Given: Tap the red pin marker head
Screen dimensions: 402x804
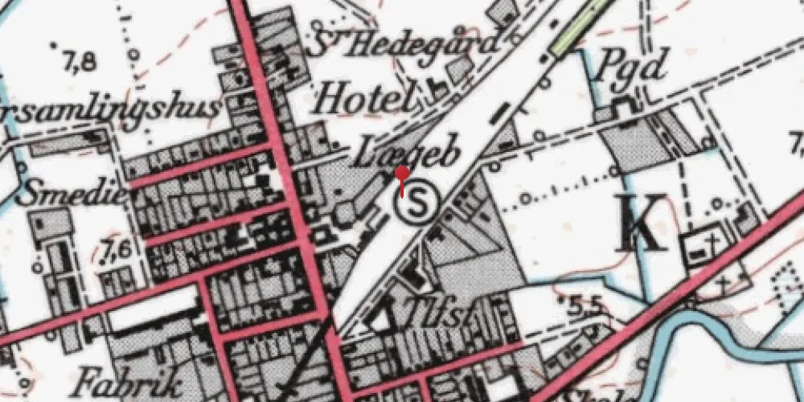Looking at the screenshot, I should (x=403, y=173).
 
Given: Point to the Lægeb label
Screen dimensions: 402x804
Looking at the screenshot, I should (x=408, y=153).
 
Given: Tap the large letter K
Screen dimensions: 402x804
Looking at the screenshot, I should (x=643, y=224).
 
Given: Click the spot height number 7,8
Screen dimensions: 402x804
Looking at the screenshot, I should (x=78, y=60).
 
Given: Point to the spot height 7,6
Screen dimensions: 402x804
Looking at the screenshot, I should (x=117, y=251).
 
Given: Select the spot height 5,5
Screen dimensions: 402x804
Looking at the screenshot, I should (x=587, y=306).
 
